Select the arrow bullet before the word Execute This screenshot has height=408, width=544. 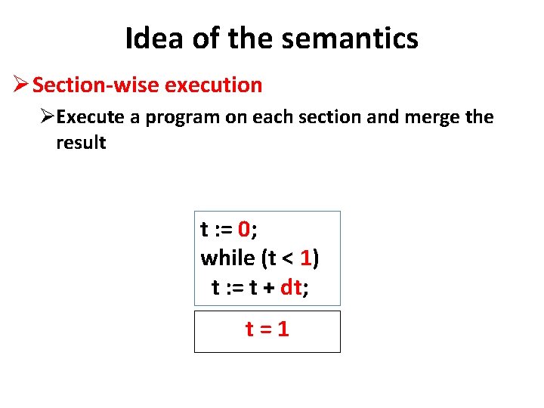coord(48,117)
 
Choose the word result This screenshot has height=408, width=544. coord(81,142)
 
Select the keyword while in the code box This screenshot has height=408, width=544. coord(227,258)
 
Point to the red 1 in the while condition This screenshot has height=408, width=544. coord(305,258)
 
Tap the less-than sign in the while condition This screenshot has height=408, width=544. coord(288,259)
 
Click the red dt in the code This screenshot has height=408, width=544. coord(290,287)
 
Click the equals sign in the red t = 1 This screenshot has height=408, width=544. coord(267,329)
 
